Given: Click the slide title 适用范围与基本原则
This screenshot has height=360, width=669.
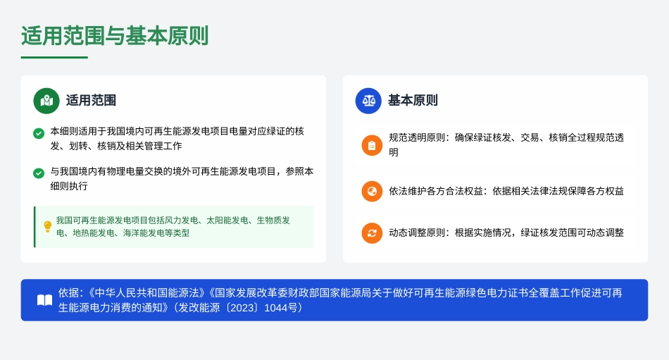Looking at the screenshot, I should (x=115, y=35).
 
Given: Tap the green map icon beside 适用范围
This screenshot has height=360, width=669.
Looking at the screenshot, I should (x=46, y=101).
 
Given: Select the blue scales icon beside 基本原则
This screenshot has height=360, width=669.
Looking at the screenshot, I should (x=368, y=101).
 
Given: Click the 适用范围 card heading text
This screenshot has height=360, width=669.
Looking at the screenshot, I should (x=91, y=101).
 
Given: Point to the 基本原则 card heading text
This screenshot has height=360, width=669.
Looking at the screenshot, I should (x=413, y=101).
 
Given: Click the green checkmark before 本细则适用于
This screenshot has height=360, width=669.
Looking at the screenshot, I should (x=39, y=132).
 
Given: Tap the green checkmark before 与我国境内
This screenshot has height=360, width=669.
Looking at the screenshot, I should (x=39, y=173).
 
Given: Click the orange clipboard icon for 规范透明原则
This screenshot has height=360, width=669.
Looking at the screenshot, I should (x=372, y=145).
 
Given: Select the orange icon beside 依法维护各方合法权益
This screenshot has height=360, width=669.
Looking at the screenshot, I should (x=372, y=191).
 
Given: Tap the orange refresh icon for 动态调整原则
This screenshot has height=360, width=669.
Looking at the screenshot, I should (x=372, y=233).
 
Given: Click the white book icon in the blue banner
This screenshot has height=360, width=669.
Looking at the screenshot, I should (x=44, y=300).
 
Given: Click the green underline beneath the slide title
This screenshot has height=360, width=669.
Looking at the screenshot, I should (x=54, y=57).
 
